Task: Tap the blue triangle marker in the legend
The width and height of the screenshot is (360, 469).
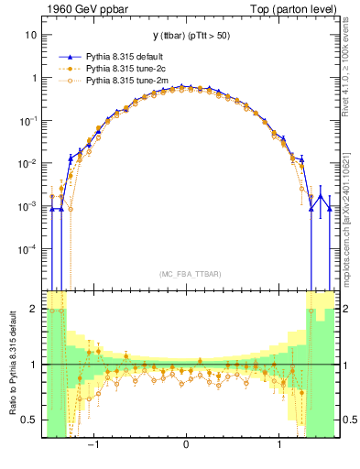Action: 71,56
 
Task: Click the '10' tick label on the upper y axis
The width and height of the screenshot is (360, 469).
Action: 31,35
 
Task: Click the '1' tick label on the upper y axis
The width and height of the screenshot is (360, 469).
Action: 34,78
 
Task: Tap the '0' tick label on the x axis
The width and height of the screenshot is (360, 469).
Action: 186,444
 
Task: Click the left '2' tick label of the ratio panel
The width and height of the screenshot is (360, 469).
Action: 34,310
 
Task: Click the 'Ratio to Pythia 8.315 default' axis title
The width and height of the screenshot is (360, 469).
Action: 13,363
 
